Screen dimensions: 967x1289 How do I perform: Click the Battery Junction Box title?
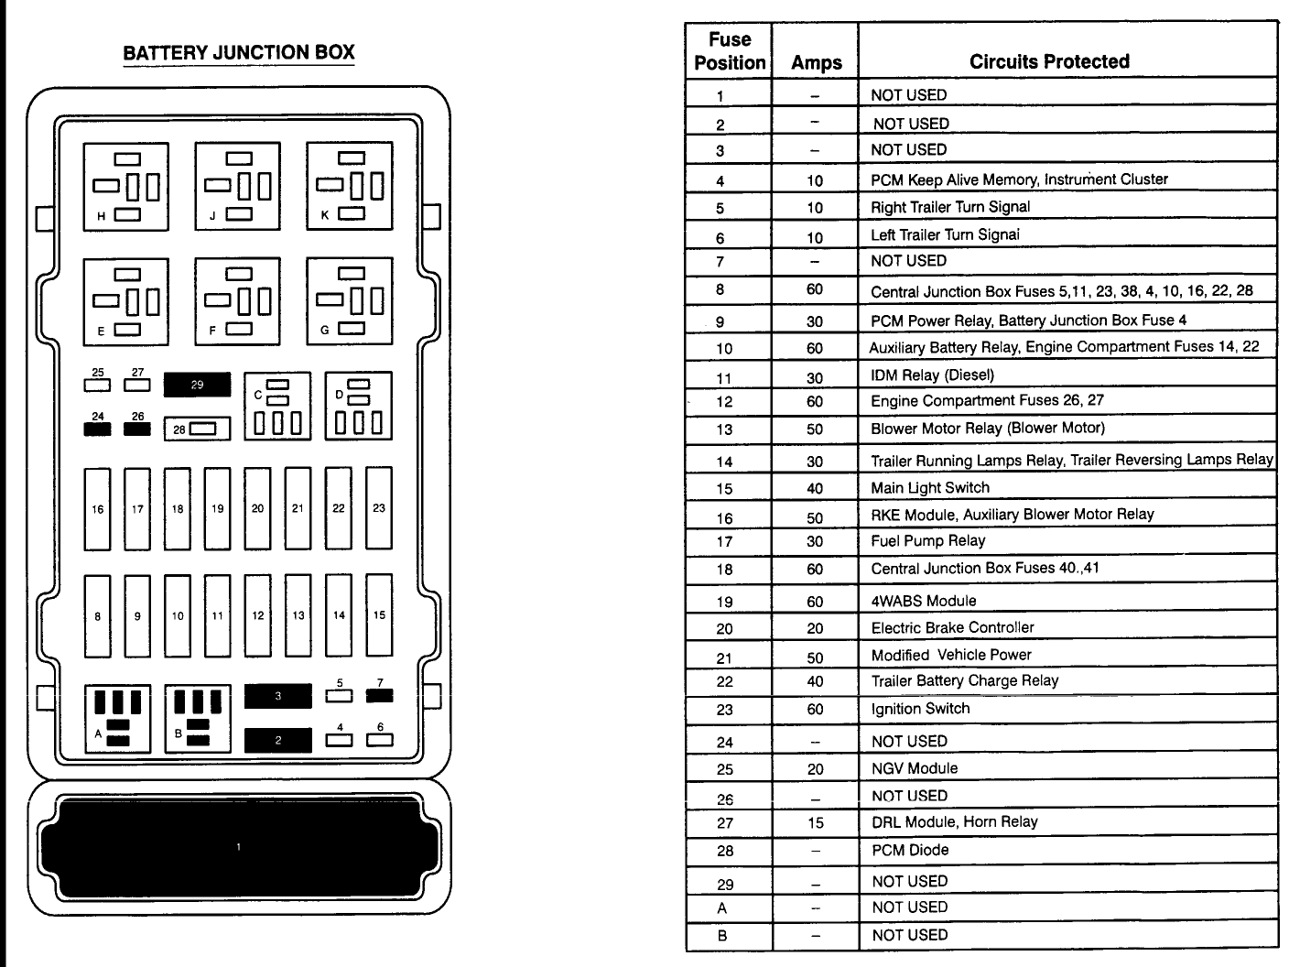(238, 52)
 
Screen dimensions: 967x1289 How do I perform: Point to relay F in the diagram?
(237, 300)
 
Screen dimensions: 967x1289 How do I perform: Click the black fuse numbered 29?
(197, 385)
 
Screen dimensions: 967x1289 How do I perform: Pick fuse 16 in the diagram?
(98, 509)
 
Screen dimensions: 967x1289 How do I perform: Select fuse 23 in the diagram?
(379, 508)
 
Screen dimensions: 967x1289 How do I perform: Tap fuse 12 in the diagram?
(258, 615)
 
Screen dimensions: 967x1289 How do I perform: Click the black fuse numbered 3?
(278, 696)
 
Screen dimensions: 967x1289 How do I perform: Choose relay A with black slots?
(118, 719)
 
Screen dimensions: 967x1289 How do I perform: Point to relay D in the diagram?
(359, 406)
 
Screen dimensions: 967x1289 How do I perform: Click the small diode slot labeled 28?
(197, 429)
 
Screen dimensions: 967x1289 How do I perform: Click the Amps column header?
(816, 62)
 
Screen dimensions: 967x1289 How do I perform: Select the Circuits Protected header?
(1049, 61)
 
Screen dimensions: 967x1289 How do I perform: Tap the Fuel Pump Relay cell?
(927, 541)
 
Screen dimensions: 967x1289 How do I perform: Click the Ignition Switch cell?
(920, 709)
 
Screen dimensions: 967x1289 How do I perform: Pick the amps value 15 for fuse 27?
(816, 823)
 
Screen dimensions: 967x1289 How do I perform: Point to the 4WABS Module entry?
(923, 601)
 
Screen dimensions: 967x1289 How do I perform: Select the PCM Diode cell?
(909, 850)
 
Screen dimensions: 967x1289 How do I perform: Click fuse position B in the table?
(723, 936)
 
